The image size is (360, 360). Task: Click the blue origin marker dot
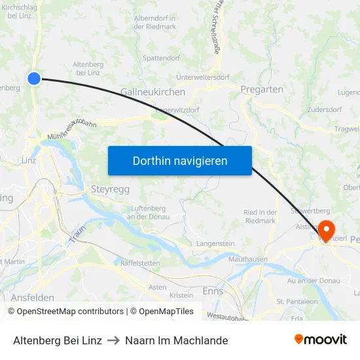(34, 79)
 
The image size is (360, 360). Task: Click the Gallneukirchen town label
(153, 92)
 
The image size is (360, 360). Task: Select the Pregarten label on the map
(262, 89)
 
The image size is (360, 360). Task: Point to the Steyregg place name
(107, 190)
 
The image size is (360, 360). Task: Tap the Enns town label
(213, 291)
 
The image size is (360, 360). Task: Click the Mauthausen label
(247, 259)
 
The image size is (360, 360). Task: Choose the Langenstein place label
(215, 243)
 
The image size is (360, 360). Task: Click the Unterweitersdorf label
(204, 77)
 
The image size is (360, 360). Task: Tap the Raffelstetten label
(140, 262)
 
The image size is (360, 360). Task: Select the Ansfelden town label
(32, 297)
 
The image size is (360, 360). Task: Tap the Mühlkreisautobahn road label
(71, 129)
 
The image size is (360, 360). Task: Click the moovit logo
(320, 340)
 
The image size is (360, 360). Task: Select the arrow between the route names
(113, 340)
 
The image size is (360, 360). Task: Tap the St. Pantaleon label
(297, 301)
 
